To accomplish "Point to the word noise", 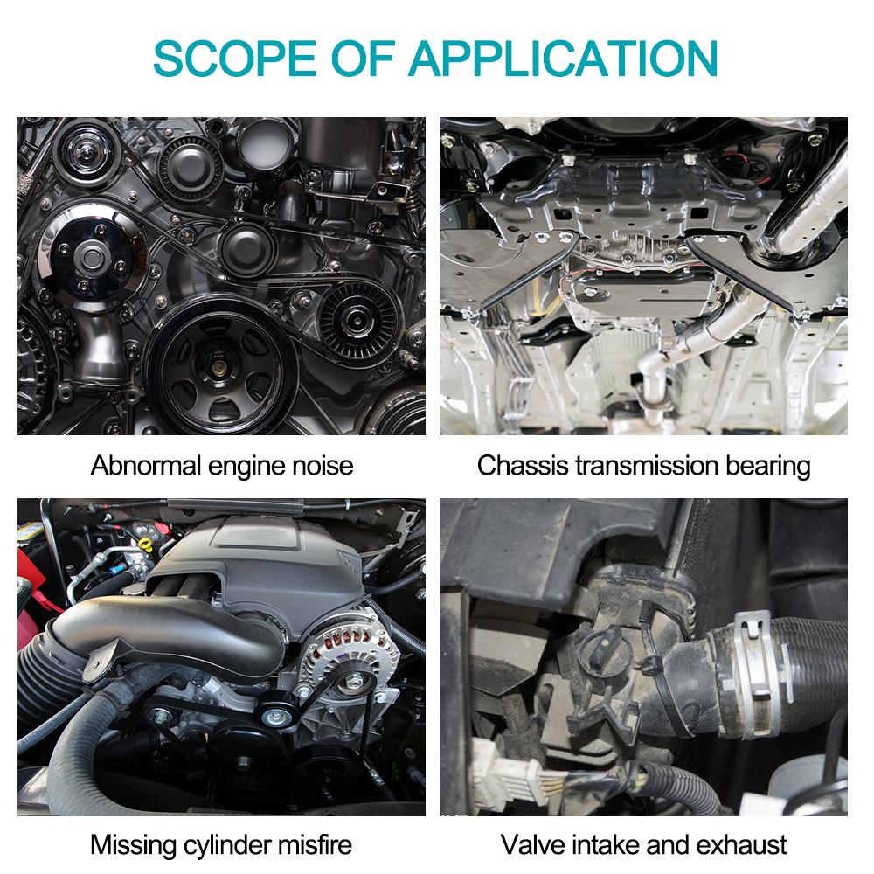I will pos(319,465).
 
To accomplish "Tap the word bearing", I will pos(768,465).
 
